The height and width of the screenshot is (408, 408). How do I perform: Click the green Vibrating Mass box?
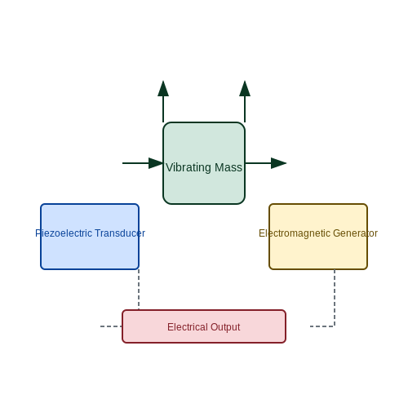[204, 163]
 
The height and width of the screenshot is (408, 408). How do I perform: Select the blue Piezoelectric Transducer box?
[90, 237]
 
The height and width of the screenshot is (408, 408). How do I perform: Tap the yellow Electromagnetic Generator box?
[318, 237]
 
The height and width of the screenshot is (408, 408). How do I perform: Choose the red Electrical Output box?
[204, 326]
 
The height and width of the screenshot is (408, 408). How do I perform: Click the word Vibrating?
[188, 168]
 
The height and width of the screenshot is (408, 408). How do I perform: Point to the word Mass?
[228, 167]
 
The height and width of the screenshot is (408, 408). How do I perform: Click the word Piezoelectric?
[64, 233]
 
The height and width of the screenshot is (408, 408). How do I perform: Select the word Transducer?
[120, 233]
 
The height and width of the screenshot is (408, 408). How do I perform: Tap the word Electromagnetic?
[295, 233]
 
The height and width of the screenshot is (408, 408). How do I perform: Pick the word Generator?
[355, 233]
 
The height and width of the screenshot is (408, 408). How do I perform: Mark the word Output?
[225, 327]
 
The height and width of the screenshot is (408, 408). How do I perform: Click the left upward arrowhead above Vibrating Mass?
[163, 88]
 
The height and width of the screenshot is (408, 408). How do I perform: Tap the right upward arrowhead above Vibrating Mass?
[245, 88]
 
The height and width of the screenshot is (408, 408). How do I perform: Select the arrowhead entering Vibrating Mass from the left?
[156, 163]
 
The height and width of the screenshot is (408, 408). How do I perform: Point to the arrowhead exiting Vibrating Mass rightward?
[279, 163]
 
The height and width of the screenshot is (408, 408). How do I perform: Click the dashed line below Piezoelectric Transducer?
[139, 290]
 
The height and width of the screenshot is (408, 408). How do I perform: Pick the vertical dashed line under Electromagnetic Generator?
[335, 298]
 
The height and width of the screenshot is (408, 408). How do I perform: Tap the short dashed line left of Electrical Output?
[111, 326]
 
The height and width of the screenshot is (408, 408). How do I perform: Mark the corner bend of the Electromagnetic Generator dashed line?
[335, 326]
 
